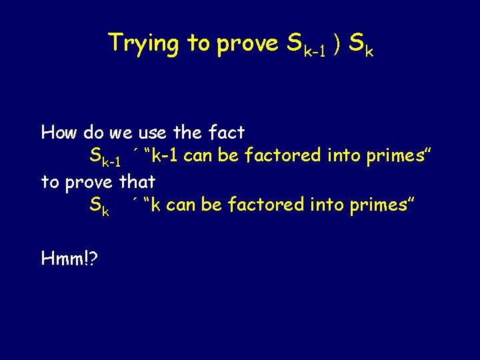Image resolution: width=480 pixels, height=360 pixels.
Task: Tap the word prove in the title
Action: click(x=248, y=44)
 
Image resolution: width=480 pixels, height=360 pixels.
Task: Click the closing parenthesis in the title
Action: click(x=338, y=44)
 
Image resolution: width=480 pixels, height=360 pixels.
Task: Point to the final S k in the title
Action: click(x=361, y=45)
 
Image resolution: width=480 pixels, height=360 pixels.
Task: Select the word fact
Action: click(x=227, y=133)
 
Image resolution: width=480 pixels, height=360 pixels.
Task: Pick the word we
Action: click(x=121, y=133)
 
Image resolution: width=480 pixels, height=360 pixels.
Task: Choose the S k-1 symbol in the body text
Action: click(x=105, y=159)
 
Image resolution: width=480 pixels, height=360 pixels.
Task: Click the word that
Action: click(x=137, y=181)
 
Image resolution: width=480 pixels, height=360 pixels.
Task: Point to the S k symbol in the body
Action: click(x=99, y=206)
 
